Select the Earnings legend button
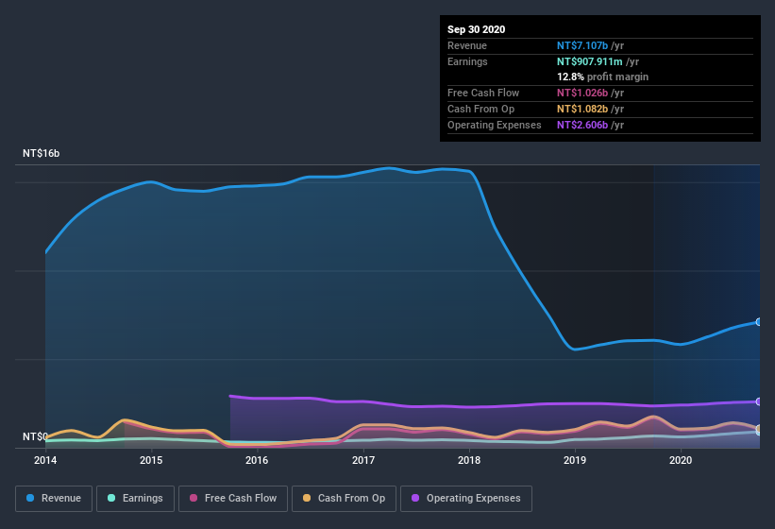tap(135, 498)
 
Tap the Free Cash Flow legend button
tap(234, 498)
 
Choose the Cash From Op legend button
tap(345, 498)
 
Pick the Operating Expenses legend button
tap(466, 498)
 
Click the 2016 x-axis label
tap(257, 460)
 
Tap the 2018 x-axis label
tap(468, 460)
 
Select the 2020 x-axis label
tap(680, 460)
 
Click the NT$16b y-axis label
tap(42, 153)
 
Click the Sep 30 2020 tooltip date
tap(476, 29)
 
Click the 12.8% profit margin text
tap(602, 77)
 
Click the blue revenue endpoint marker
tap(759, 322)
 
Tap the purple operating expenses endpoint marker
tap(759, 401)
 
